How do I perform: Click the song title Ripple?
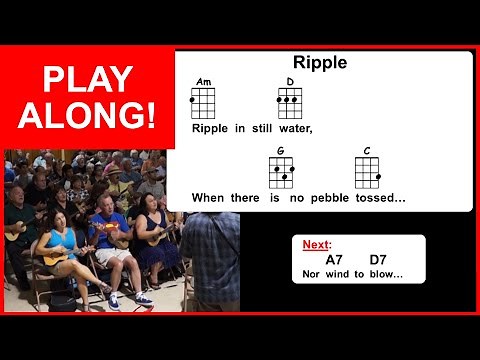point(319,63)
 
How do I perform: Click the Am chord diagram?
point(203,101)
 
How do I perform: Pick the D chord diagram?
point(290,101)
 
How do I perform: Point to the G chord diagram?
point(281,171)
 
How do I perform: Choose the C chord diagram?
point(368,171)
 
